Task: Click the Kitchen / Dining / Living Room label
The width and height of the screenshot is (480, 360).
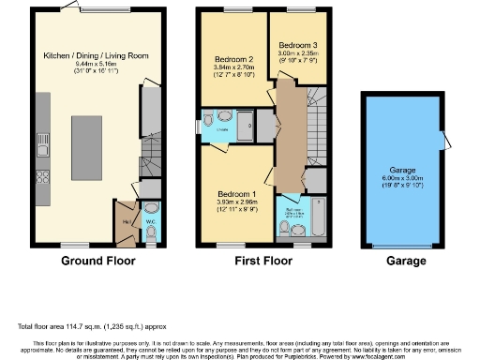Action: (x=97, y=56)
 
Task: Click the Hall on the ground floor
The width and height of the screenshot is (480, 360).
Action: (x=126, y=222)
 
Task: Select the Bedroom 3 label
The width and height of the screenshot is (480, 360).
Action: (x=297, y=44)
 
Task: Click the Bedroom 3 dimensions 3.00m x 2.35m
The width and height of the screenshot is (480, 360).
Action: (x=297, y=54)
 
